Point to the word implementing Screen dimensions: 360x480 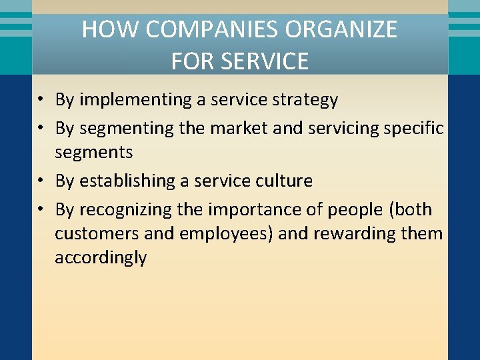135,100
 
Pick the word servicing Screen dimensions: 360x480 343,128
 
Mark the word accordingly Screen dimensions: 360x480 100,258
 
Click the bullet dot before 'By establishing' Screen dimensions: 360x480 41,181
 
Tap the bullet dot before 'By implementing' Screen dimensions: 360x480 41,101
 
